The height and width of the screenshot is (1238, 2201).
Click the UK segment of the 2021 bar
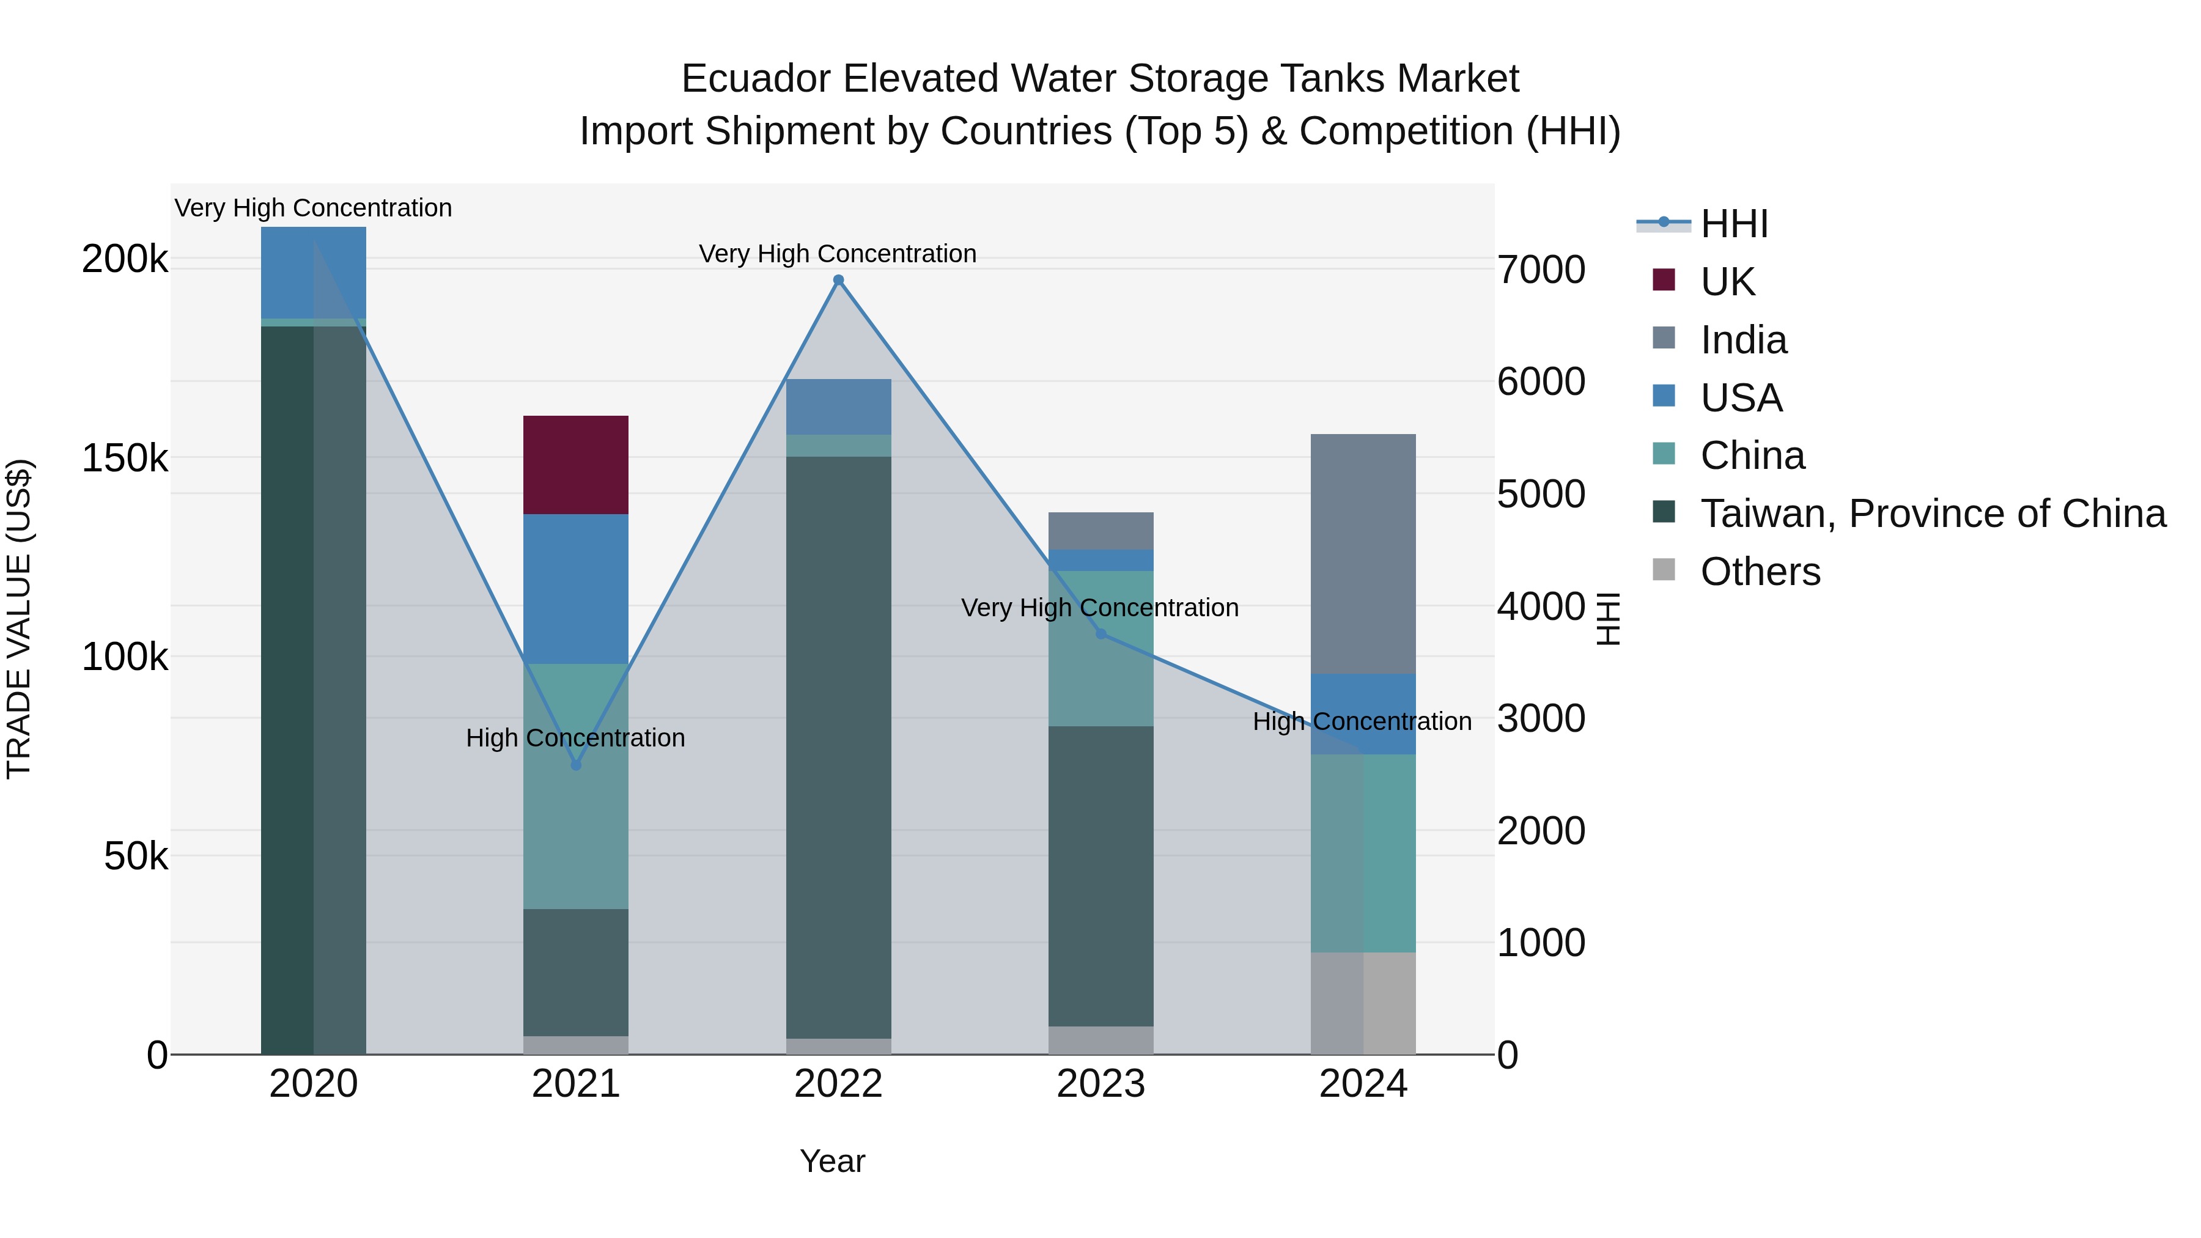[x=575, y=465]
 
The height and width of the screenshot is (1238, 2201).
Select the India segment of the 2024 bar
[x=1363, y=554]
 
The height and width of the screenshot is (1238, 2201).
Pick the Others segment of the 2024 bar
[x=1363, y=1003]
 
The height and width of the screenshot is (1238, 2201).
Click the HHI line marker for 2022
[x=838, y=280]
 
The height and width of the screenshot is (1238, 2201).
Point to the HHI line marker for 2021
[x=576, y=765]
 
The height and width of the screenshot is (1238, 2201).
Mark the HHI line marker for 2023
[x=1100, y=634]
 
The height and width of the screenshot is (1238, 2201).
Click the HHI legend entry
[x=1734, y=224]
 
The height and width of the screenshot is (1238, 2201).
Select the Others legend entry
[x=1760, y=572]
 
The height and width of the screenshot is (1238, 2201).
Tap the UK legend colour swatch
[x=1664, y=280]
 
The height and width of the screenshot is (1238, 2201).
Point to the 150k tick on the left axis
[x=125, y=459]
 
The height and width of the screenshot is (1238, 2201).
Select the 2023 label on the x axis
[x=1100, y=1084]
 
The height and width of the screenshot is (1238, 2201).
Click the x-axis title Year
[x=832, y=1161]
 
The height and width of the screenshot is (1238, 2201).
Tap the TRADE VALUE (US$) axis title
[x=19, y=619]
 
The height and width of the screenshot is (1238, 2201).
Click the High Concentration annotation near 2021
[x=575, y=737]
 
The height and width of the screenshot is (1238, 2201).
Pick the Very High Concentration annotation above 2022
[x=838, y=254]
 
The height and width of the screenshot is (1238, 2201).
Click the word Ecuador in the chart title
[x=755, y=79]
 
